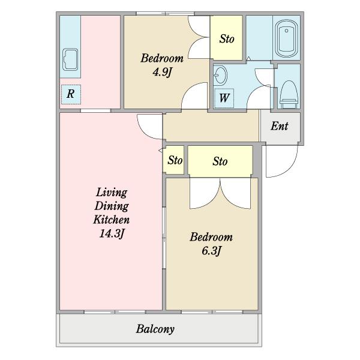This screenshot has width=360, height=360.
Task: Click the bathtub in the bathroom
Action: [x=286, y=38]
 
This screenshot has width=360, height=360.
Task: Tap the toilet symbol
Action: [x=289, y=94]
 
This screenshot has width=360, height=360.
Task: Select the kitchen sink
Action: [x=70, y=59]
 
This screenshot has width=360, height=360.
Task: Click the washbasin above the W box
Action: [x=220, y=76]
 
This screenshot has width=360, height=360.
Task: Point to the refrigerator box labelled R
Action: [x=71, y=94]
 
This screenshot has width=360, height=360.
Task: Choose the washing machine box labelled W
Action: [x=224, y=98]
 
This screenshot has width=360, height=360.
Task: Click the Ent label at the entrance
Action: [x=280, y=126]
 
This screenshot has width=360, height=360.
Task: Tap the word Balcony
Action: [x=155, y=329]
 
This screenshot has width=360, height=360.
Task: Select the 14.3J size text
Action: [x=112, y=233]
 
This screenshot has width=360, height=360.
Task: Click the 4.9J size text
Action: [x=163, y=73]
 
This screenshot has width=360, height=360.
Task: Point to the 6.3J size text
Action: [x=212, y=250]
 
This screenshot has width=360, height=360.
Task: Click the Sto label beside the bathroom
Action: [x=227, y=39]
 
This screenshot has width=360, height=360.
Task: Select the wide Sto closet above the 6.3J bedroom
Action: [x=220, y=161]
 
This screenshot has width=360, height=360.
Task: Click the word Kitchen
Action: [x=112, y=220]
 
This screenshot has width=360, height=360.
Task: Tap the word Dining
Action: [x=112, y=206]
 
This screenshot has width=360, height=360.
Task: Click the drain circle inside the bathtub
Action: [x=286, y=31]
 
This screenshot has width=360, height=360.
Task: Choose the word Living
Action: [x=112, y=193]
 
